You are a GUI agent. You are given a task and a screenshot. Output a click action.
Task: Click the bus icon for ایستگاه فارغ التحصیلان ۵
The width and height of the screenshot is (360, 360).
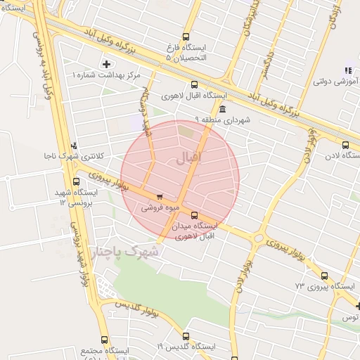pos(186,37)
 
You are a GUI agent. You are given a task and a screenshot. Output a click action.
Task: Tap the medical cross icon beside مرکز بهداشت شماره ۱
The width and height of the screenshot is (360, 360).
pos(106,64)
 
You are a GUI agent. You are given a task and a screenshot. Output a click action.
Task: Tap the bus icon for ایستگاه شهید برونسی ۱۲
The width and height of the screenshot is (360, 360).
pos(76,181)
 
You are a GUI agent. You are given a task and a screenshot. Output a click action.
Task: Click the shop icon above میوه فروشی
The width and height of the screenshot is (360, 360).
pos(160,197)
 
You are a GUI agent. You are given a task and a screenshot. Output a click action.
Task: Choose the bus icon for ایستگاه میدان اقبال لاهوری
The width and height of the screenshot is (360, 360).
pos(195,216)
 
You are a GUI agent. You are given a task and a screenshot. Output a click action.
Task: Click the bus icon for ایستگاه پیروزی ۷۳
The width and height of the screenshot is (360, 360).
pos(324,276)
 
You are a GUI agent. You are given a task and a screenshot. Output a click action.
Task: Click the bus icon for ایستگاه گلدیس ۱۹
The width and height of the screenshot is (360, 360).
pos(186,336)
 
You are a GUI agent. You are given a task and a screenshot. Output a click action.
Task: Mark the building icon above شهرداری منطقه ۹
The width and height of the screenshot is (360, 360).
pos(223,110)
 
